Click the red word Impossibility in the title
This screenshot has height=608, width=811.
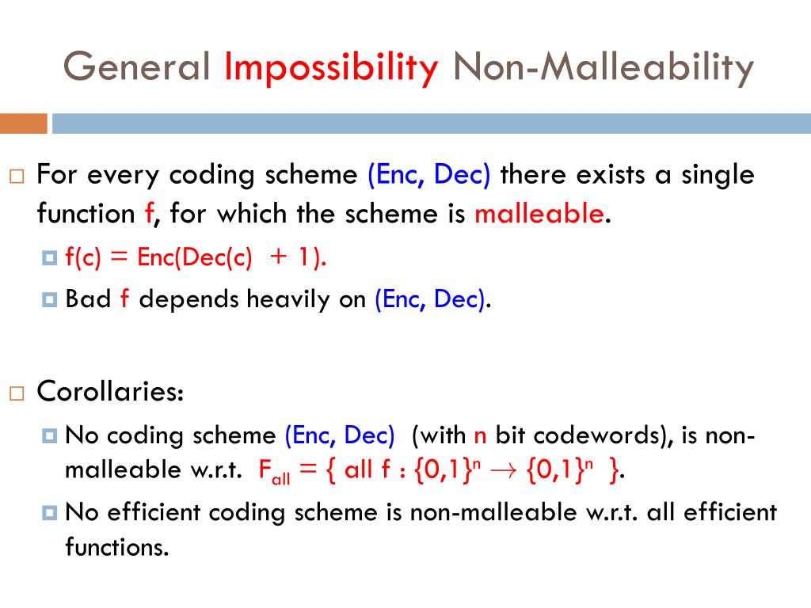point(331,68)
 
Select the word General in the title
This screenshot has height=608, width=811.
point(136,66)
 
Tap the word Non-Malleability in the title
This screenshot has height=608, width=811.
point(603,68)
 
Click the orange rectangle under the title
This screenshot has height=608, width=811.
point(24,123)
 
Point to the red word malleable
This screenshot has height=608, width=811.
point(539,214)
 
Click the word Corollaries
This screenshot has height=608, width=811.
point(110,391)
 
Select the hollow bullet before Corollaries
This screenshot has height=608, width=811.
point(17,394)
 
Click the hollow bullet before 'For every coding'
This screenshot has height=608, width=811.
point(17,177)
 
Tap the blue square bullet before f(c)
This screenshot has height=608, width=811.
point(50,257)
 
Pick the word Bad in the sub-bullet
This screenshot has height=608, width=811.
point(88,298)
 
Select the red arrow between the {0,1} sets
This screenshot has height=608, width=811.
point(503,470)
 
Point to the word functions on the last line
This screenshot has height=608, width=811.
point(117,547)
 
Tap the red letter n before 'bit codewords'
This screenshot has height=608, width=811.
point(480,437)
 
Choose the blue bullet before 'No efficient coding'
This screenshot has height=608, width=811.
point(50,513)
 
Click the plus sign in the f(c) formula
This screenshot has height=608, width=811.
point(278,257)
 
